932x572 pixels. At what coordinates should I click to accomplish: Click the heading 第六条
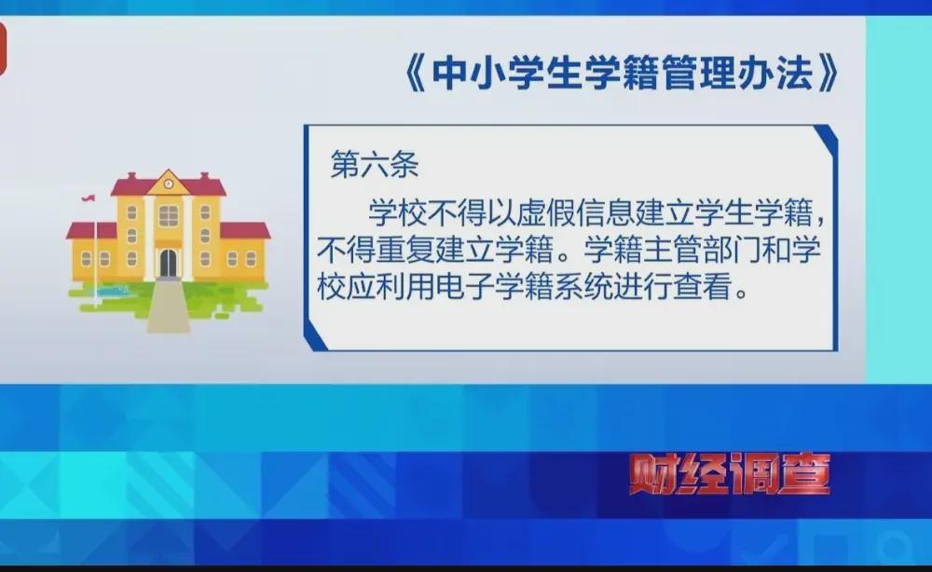(x=375, y=164)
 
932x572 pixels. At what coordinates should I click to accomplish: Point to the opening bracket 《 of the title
(x=415, y=75)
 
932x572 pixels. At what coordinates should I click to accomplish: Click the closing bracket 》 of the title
(x=829, y=75)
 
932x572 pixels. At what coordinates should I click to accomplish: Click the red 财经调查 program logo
(x=730, y=473)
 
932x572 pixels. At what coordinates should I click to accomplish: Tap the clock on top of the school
(x=169, y=184)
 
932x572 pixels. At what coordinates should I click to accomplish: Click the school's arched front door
(x=168, y=263)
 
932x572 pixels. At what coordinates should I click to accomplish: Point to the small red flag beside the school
(x=89, y=197)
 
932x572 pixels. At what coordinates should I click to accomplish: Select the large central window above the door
(x=168, y=216)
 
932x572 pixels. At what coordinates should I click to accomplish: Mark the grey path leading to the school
(x=169, y=305)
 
